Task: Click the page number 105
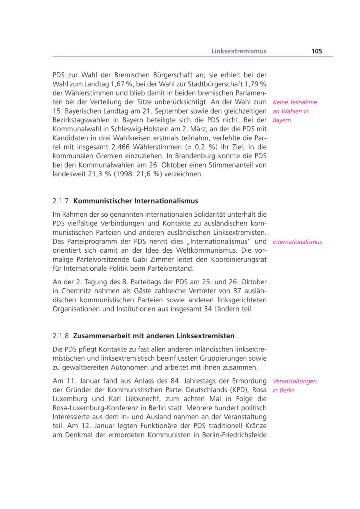tap(316, 51)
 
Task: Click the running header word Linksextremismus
tap(239, 51)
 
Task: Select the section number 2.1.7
tap(61, 201)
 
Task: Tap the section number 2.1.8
tap(61, 335)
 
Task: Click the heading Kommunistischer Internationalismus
tap(136, 201)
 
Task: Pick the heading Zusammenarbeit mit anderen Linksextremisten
tap(154, 335)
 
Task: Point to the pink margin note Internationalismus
tap(297, 242)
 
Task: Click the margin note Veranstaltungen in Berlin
tap(294, 385)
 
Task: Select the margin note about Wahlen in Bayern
tap(294, 111)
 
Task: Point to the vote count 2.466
tap(124, 147)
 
